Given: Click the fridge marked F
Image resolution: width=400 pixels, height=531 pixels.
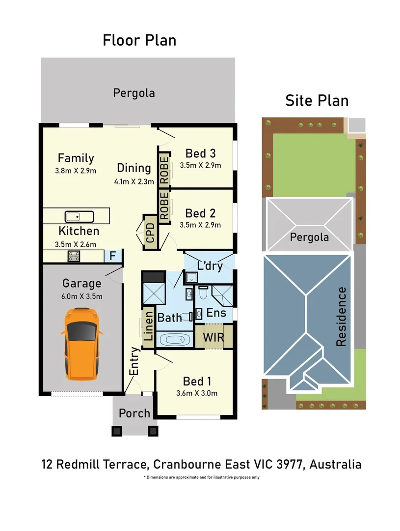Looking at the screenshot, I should click(112, 256).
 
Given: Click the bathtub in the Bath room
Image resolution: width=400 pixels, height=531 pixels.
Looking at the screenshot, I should click(175, 339).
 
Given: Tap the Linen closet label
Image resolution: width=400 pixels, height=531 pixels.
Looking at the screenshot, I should click(147, 325).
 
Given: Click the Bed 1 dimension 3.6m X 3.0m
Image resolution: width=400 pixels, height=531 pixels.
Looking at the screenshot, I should click(197, 393).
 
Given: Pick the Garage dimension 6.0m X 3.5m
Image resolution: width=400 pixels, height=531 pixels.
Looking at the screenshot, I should click(82, 296).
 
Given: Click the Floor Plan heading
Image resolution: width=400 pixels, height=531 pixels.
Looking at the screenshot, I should click(139, 40).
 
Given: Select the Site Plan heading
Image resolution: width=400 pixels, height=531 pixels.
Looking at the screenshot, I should click(317, 100).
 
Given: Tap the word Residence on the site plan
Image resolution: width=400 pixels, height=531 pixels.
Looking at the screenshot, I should click(342, 317).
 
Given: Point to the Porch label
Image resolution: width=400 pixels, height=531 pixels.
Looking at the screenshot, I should click(134, 413).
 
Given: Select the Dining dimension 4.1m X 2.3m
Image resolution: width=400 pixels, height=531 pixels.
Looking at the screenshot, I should click(134, 181).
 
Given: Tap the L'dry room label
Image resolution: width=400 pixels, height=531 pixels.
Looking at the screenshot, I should click(210, 266).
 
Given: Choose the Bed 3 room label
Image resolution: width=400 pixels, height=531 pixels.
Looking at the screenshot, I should click(200, 153).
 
